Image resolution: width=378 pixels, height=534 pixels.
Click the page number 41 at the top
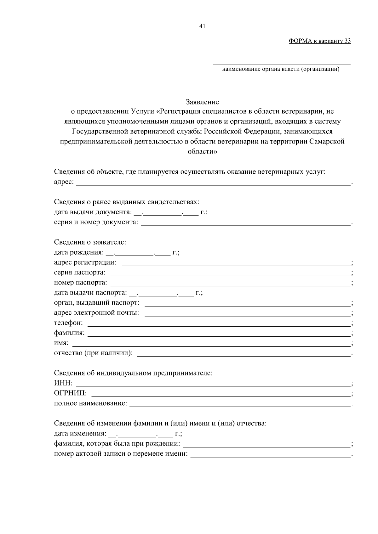click(x=202, y=26)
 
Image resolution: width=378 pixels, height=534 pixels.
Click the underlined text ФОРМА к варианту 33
click(x=319, y=41)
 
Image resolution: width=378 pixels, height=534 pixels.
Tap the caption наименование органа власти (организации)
click(x=281, y=69)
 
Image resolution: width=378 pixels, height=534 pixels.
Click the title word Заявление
click(x=202, y=102)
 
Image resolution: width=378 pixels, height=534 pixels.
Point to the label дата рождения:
click(x=79, y=252)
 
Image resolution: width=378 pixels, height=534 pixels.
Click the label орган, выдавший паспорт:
click(x=97, y=303)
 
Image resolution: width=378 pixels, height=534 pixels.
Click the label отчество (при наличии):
click(x=93, y=353)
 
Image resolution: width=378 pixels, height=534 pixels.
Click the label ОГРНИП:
click(x=70, y=393)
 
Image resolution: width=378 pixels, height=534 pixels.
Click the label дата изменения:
click(x=80, y=434)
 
